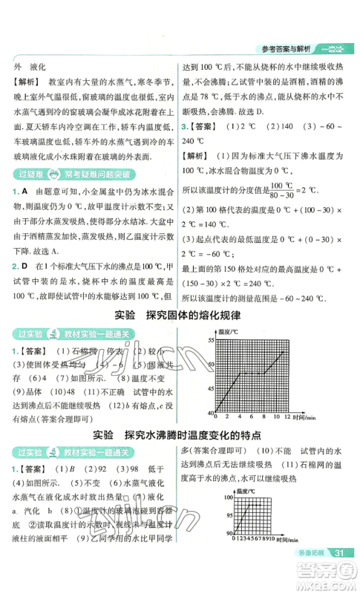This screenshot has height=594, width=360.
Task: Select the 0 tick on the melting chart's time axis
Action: pos(215,417)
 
